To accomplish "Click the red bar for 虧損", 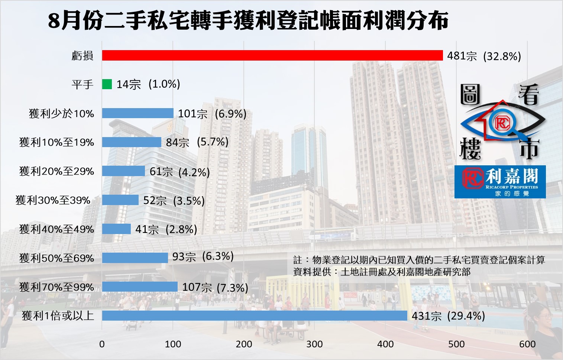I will click(x=272, y=55).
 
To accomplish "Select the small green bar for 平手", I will click(x=107, y=84).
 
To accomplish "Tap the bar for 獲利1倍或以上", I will click(x=255, y=316).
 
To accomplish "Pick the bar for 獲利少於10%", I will click(x=138, y=113).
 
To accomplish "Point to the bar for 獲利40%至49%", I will click(x=116, y=229).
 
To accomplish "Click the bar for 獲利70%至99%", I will click(x=140, y=287).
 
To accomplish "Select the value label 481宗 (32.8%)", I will click(x=484, y=56).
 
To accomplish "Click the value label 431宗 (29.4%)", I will click(x=448, y=316).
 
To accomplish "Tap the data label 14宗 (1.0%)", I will click(x=148, y=84).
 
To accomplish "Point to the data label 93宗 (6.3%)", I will click(x=203, y=257).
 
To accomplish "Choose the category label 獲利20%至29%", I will click(x=56, y=171).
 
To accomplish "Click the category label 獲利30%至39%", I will click(x=53, y=200).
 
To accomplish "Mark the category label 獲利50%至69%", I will click(x=56, y=258).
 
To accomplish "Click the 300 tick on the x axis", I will click(x=314, y=344).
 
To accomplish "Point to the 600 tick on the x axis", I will click(x=527, y=344).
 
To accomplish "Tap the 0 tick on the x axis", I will click(x=102, y=344).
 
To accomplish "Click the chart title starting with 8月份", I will click(x=248, y=21).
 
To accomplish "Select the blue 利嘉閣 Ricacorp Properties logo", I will click(x=500, y=182).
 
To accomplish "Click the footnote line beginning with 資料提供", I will click(x=382, y=272).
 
